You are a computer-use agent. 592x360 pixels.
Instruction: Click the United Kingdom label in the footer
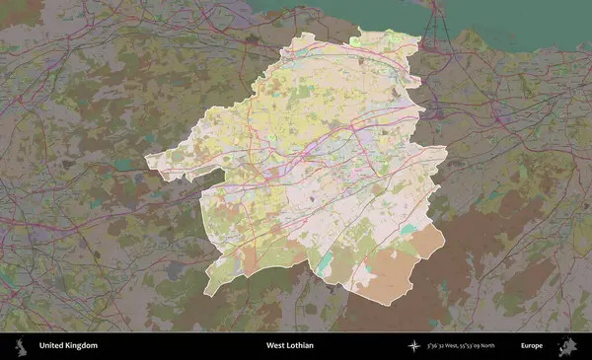tap(68, 346)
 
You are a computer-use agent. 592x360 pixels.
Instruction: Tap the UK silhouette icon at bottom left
tap(19, 346)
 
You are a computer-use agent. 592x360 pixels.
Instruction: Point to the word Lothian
tap(302, 346)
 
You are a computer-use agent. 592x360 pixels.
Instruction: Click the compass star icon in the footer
tap(415, 346)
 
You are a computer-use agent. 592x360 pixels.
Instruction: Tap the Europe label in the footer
tap(533, 346)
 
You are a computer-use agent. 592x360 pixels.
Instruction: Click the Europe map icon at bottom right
tap(568, 346)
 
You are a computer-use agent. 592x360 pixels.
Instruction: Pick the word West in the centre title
tap(276, 346)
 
